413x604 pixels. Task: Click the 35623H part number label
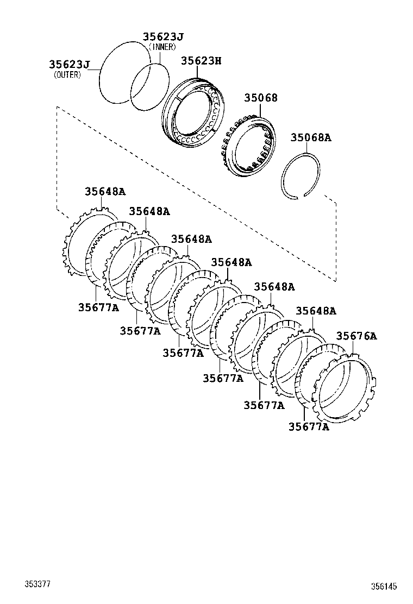tap(201, 61)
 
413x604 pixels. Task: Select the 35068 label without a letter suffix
tap(260, 98)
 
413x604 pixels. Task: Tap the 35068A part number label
tap(310, 138)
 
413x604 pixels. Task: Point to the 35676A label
tap(356, 336)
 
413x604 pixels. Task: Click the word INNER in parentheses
tap(161, 47)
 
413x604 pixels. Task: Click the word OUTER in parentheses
tap(67, 75)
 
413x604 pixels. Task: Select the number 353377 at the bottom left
tap(37, 584)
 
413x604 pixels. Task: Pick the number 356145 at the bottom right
tap(384, 587)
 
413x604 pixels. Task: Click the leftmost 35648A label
tap(105, 191)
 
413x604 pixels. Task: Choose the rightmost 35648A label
tap(316, 311)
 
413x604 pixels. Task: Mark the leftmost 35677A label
tap(98, 307)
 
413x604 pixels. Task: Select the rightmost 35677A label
tap(309, 427)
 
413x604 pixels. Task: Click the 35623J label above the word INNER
tap(163, 37)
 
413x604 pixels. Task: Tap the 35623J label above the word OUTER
tap(70, 65)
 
